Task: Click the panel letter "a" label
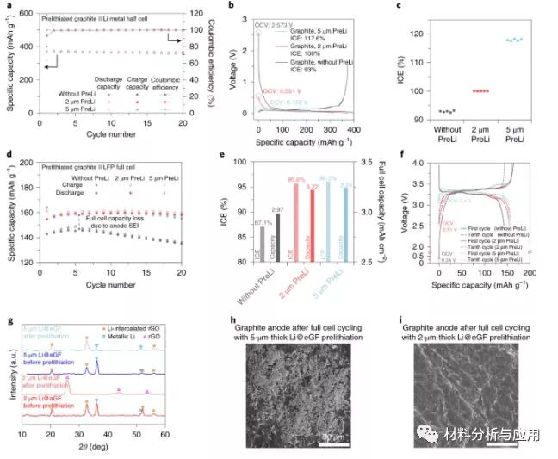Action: [x=8, y=6]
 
